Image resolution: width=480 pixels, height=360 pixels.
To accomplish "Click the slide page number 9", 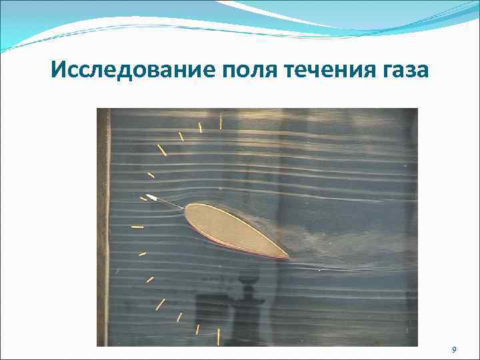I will pyautogui.click(x=454, y=349).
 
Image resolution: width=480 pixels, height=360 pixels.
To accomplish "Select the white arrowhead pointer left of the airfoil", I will pyautogui.click(x=151, y=197).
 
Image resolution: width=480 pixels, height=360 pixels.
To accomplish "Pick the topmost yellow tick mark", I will pyautogui.click(x=221, y=121).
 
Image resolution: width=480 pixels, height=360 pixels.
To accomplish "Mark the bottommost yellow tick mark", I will pyautogui.click(x=218, y=336).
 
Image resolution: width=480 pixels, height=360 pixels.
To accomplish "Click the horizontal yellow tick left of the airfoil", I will pyautogui.click(x=137, y=227).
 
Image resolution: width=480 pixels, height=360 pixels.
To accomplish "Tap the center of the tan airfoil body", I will pyautogui.click(x=233, y=230).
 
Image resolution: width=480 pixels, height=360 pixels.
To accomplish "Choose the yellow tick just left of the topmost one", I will pyautogui.click(x=199, y=127).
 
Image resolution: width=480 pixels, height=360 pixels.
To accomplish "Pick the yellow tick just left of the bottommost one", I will pyautogui.click(x=197, y=328).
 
